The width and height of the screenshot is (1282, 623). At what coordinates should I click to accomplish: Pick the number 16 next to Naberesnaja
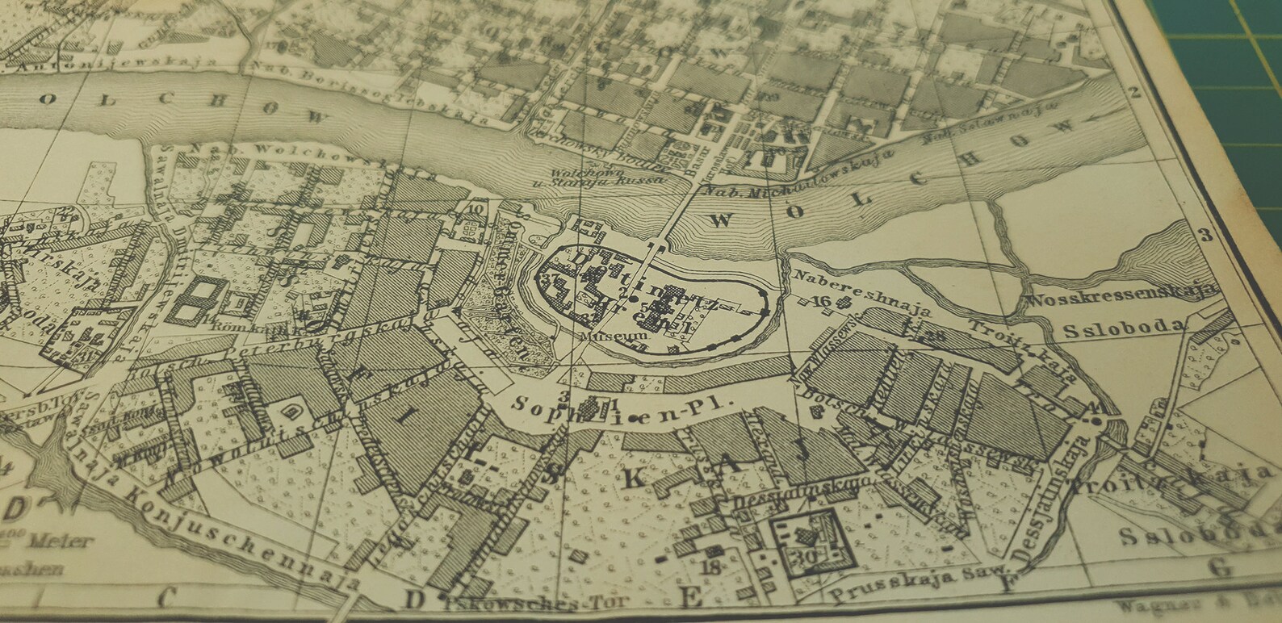pos(823,301)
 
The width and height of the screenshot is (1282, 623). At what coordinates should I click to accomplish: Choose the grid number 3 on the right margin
pos(1205,236)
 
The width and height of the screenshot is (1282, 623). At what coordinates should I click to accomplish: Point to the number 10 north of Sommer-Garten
pos(476,208)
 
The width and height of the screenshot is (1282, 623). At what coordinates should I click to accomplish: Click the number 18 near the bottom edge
pos(711,567)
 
